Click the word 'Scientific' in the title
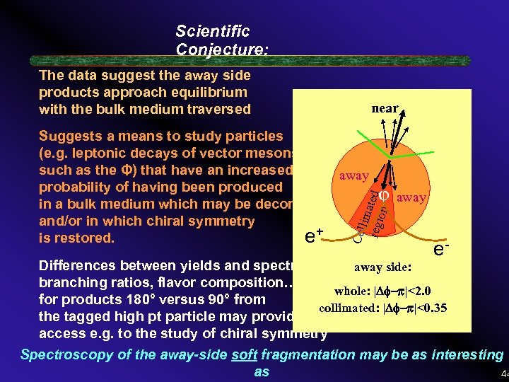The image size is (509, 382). coord(212,32)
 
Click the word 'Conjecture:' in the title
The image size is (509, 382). coord(222,49)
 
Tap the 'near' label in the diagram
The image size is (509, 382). coord(385,108)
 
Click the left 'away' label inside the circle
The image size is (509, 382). coord(353,175)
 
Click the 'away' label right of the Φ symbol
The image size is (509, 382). coord(411,198)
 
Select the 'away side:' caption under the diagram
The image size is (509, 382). coord(382,267)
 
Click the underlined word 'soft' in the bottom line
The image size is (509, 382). coord(245,355)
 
